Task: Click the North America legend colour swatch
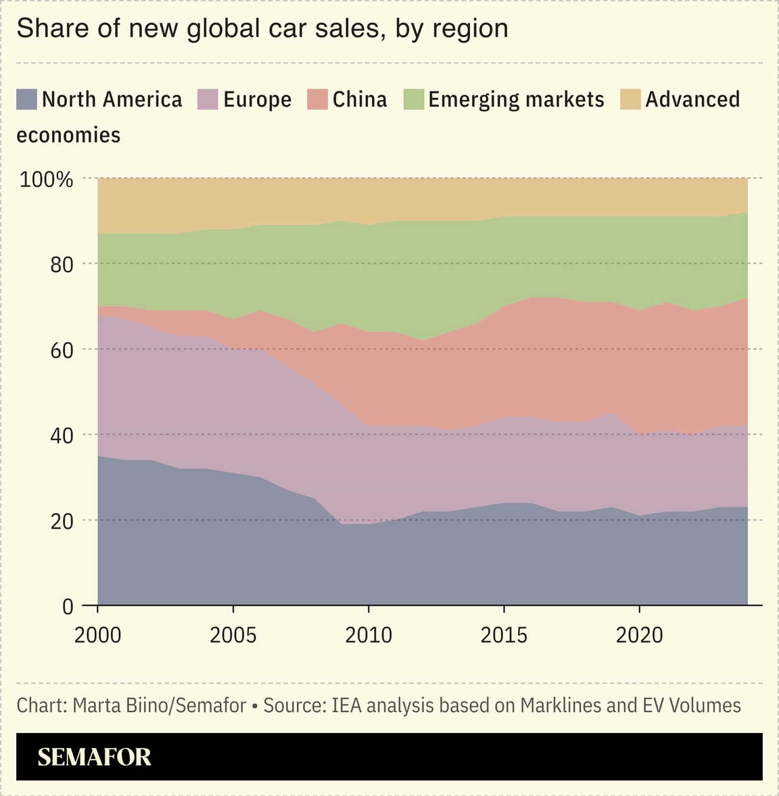click(26, 99)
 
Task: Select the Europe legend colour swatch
click(208, 99)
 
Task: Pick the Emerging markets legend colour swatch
click(413, 99)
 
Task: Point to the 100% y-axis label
click(46, 180)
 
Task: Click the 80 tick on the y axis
click(61, 264)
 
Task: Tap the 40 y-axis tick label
click(61, 436)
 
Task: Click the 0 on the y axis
click(67, 607)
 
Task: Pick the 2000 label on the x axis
click(98, 636)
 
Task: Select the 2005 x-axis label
click(233, 636)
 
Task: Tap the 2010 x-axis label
click(369, 636)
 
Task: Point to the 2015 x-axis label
click(504, 636)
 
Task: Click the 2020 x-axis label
click(639, 636)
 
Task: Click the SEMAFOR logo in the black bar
click(94, 757)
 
